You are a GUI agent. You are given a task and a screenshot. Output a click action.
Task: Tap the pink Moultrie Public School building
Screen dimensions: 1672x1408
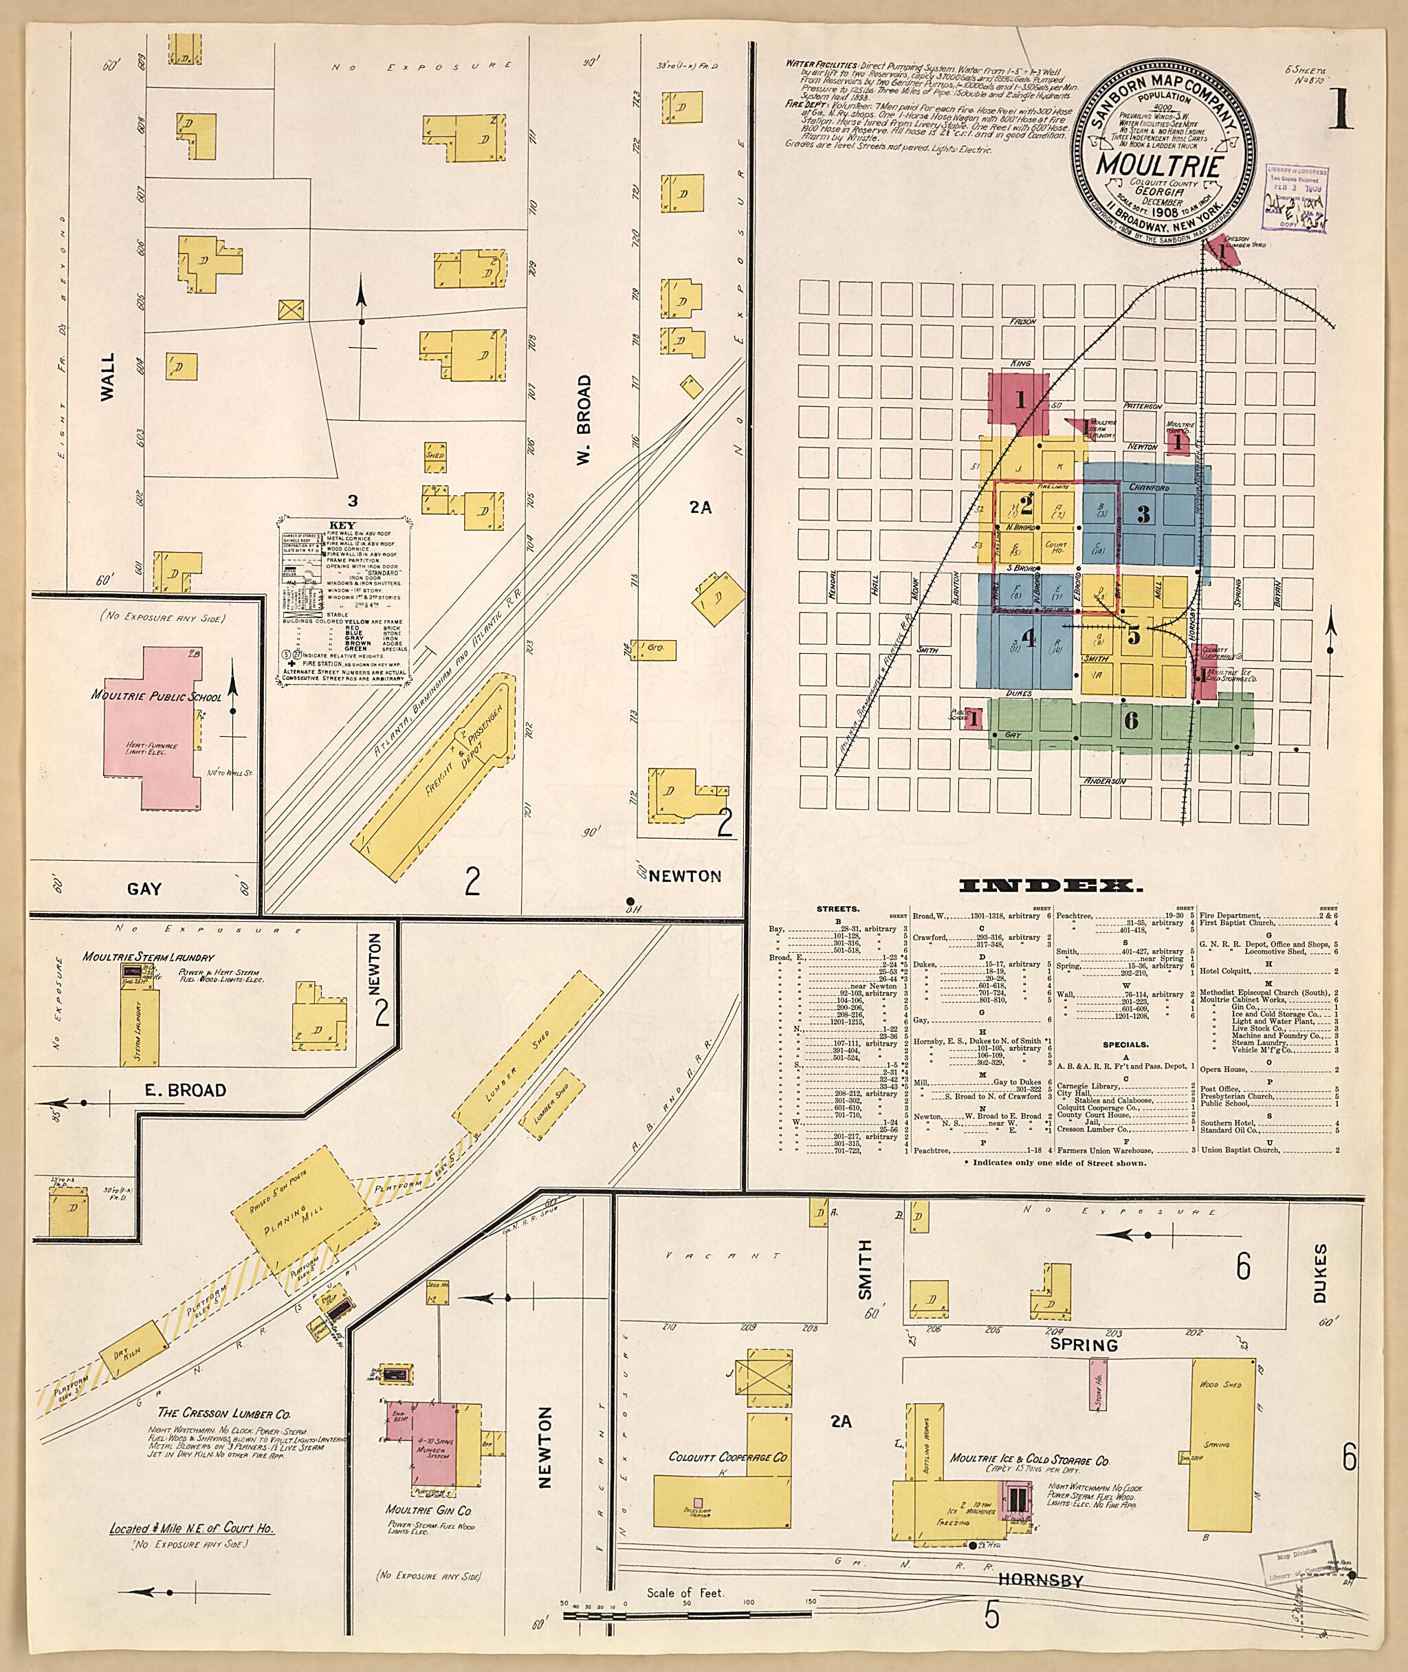click(152, 726)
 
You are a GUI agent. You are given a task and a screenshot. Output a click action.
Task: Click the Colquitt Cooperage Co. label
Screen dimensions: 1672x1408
click(728, 1457)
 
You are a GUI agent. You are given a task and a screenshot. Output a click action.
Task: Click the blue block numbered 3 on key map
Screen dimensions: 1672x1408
click(1144, 515)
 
